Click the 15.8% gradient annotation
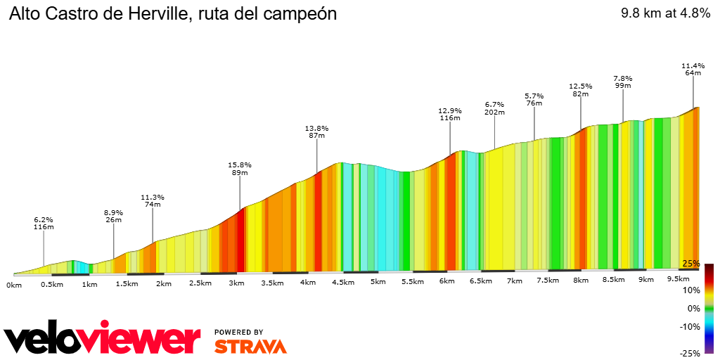click(x=240, y=165)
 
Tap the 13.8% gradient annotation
click(x=316, y=128)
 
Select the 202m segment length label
click(x=495, y=112)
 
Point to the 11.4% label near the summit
click(x=693, y=65)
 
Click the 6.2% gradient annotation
click(x=44, y=219)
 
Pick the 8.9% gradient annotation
click(x=113, y=212)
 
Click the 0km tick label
click(x=14, y=285)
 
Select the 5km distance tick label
click(x=378, y=282)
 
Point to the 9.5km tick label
click(x=679, y=278)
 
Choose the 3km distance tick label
click(x=236, y=283)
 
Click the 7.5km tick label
click(x=548, y=281)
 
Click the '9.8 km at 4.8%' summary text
click(x=664, y=13)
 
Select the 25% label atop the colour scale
click(x=691, y=264)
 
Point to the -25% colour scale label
click(x=690, y=354)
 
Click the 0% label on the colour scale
click(x=694, y=308)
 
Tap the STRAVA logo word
click(x=250, y=346)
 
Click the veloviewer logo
click(x=102, y=339)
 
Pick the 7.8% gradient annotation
click(x=623, y=78)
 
